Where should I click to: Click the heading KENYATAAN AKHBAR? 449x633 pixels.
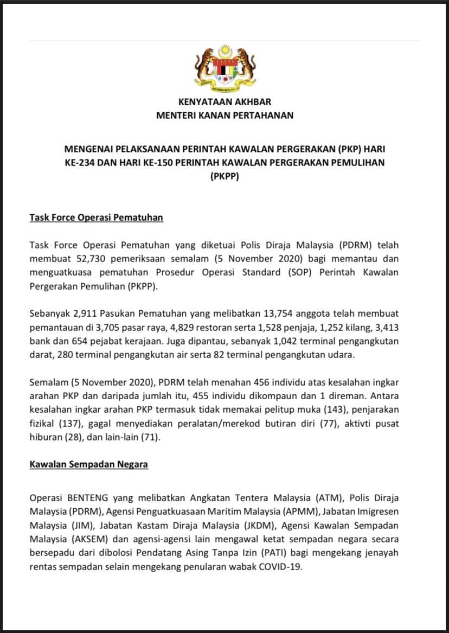[224, 101]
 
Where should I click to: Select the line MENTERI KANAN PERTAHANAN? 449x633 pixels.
[224, 115]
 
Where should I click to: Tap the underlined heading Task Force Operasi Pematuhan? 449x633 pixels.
[96, 218]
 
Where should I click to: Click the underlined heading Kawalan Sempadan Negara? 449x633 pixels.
[88, 464]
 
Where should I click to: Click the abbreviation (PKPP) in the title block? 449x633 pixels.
[224, 176]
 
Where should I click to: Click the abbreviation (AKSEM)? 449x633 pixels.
[79, 540]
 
